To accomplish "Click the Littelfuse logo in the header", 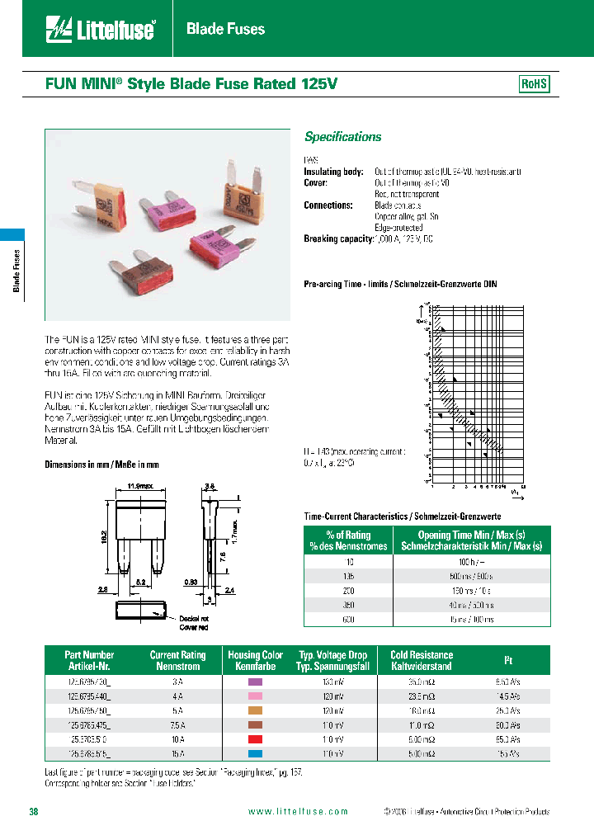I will [100, 30].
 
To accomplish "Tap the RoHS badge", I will [534, 84].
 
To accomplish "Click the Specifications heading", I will [342, 137].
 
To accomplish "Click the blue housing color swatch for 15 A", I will [256, 753].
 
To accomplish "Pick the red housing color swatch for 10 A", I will [256, 739].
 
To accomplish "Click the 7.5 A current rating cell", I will [177, 724].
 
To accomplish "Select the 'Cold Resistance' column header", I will [421, 660].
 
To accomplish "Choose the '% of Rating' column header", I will [348, 540].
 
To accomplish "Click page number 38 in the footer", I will [34, 812].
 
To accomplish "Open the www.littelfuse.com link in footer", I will [298, 812].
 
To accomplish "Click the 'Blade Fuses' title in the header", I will [225, 30].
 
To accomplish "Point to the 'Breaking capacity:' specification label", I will [337, 239].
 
